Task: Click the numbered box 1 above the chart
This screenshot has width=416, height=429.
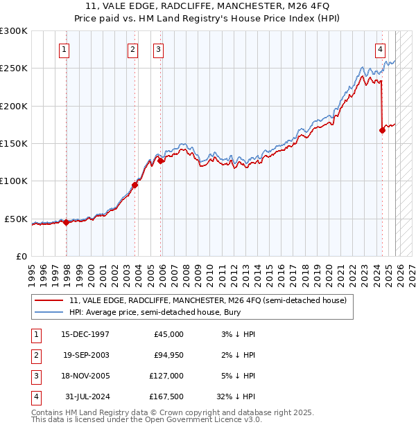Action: (x=64, y=49)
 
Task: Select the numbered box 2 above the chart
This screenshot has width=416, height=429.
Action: (x=132, y=49)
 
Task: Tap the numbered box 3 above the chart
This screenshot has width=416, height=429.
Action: (x=158, y=49)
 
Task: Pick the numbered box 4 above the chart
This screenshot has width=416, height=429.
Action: (x=381, y=49)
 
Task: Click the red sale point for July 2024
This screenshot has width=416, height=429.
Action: (x=382, y=130)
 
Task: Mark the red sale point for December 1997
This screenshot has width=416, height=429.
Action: (x=67, y=222)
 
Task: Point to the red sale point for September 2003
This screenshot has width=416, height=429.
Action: (x=135, y=185)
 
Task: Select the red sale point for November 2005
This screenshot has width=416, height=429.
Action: (x=161, y=161)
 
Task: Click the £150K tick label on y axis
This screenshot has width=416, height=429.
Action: (x=14, y=144)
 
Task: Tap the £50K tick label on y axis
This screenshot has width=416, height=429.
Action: (x=16, y=219)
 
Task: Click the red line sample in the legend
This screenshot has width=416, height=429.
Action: (x=50, y=301)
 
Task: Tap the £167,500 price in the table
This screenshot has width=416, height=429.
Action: (x=165, y=396)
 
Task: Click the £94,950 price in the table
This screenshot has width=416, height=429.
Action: (x=167, y=355)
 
